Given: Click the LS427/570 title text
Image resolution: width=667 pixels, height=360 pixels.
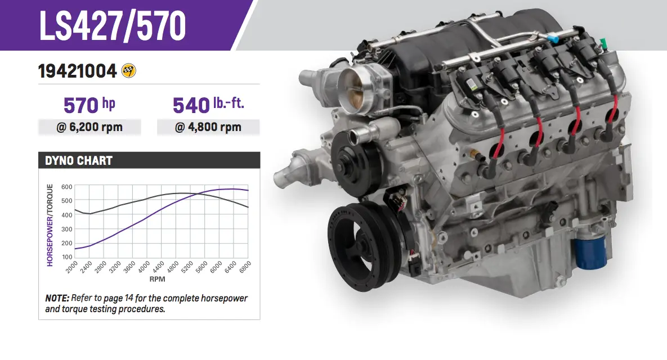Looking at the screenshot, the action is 113,25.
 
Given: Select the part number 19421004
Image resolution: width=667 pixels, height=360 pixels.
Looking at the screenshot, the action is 78,71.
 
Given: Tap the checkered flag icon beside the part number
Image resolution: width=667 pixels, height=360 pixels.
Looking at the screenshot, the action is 128,70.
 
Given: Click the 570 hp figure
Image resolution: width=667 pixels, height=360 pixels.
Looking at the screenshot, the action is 89,105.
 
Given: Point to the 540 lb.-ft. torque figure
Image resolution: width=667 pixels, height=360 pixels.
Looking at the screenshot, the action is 208,105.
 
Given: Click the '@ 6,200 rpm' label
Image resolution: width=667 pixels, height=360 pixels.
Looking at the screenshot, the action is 89,127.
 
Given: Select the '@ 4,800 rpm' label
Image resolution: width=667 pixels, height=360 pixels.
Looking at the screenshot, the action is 208,127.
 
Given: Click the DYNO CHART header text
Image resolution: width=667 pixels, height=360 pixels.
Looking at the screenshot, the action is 79,161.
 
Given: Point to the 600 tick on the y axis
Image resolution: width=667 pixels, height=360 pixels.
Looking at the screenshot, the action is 67,187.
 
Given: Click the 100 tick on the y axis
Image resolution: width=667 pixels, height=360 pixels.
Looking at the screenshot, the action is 67,257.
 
